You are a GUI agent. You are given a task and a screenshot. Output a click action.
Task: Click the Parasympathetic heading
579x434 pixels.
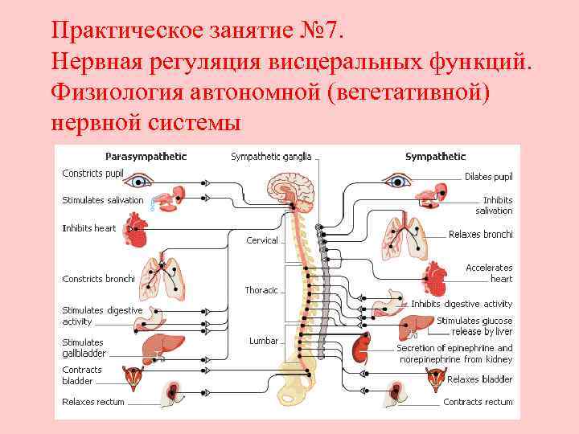pos(146,156)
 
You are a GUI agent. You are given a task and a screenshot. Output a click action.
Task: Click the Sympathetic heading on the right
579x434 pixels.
pos(435,156)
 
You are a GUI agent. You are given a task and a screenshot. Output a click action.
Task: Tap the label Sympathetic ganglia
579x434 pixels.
pos(271,156)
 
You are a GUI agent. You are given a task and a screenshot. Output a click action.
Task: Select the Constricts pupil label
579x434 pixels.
pos(93,174)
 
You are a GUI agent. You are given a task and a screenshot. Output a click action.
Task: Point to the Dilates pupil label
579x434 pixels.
pos(488,176)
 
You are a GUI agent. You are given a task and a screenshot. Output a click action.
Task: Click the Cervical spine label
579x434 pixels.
pos(262,240)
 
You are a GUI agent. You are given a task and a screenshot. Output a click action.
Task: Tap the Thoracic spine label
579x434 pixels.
pos(261,290)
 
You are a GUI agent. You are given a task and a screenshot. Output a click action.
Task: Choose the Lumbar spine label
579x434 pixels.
pos(264,341)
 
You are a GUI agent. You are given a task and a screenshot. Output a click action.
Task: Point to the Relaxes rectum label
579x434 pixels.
pos(93,401)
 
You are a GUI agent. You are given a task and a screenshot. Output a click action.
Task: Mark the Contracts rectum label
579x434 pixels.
pos(478,402)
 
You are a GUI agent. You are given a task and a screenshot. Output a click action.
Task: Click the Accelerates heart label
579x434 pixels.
pos(489,273)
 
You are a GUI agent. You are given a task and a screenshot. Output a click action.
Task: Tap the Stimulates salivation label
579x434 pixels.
pos(103,200)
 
